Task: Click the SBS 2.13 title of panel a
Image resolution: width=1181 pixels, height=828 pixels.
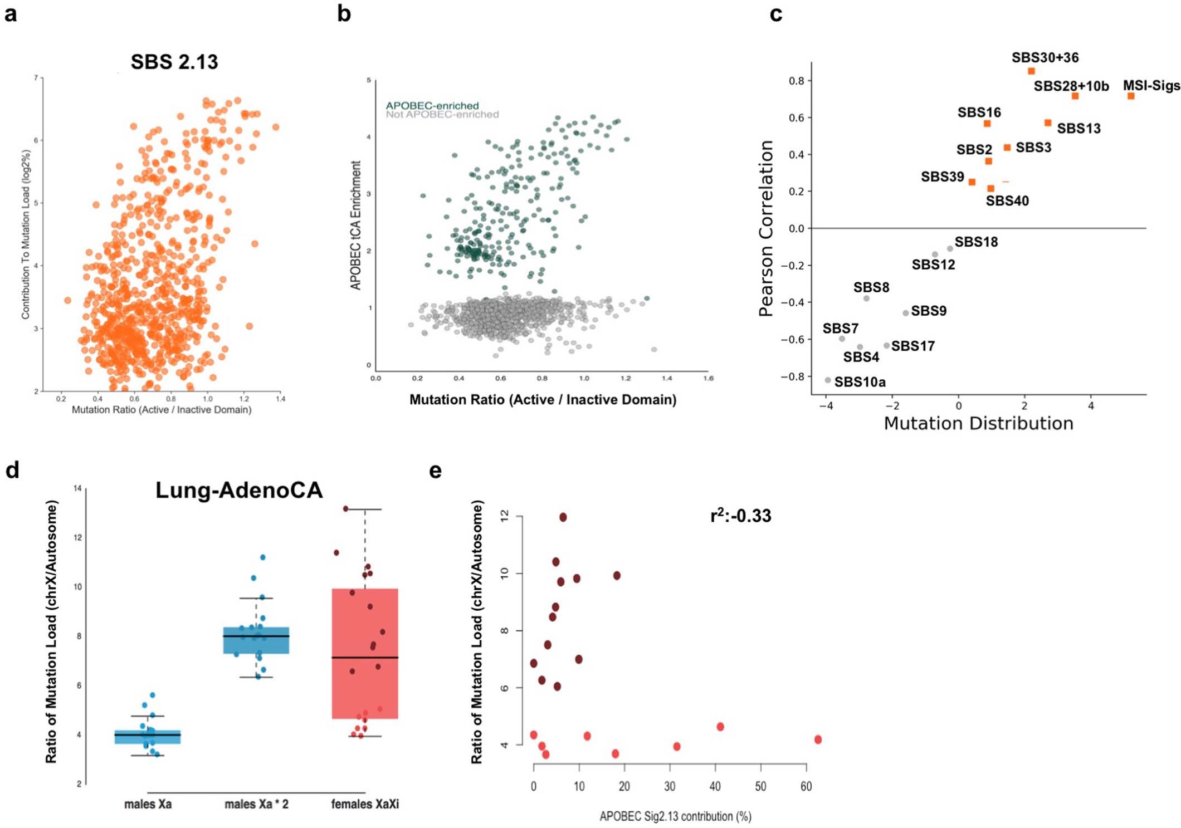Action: (x=174, y=61)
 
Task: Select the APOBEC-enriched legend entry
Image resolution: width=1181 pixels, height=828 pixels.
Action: (x=432, y=105)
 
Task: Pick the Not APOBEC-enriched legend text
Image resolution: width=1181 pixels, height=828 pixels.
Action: (x=442, y=115)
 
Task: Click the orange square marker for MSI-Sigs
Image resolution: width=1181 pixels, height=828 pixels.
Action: (x=1131, y=96)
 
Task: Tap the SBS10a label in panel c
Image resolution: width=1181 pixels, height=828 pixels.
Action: (x=860, y=382)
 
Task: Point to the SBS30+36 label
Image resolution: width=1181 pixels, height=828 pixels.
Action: (x=1045, y=57)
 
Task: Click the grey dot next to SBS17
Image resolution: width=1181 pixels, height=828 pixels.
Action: (x=886, y=346)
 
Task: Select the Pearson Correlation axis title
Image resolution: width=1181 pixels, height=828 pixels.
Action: (x=767, y=228)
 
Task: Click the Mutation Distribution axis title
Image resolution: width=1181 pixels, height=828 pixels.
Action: (x=978, y=423)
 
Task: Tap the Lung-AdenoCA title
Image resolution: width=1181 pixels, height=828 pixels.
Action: (x=239, y=490)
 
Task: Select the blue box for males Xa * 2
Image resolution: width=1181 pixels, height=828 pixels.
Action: (x=256, y=640)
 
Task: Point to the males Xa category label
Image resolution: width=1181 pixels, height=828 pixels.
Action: (x=148, y=804)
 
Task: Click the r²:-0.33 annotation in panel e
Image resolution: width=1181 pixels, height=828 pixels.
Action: (x=740, y=516)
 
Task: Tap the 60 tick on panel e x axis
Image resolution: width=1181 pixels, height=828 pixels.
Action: (x=806, y=786)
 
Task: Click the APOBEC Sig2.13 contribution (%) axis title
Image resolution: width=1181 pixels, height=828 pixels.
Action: (x=675, y=816)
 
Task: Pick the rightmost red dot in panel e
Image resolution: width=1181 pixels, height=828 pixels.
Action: (x=818, y=739)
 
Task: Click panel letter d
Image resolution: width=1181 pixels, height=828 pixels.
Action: (x=12, y=470)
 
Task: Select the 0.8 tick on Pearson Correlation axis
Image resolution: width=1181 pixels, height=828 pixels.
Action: (x=796, y=81)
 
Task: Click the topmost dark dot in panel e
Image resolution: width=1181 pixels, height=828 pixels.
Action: (x=563, y=517)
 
